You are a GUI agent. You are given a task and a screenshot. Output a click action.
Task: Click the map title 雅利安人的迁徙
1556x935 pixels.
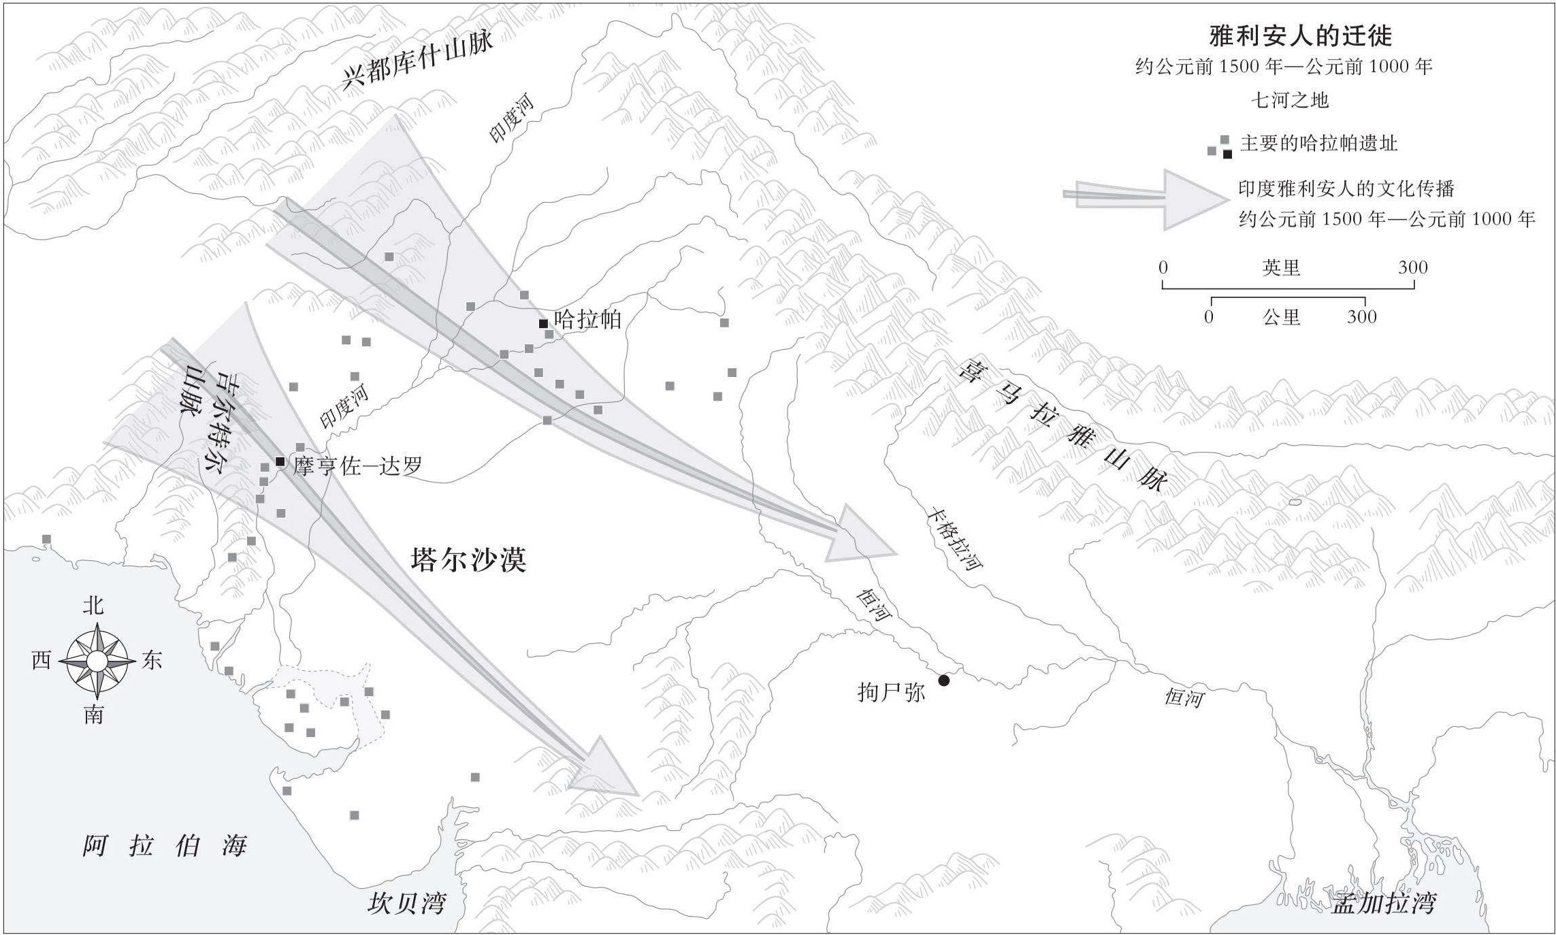pos(1300,35)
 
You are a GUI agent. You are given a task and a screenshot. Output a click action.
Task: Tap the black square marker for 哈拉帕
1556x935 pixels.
pos(543,324)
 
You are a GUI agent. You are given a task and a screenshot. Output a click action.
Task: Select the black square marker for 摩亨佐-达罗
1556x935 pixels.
pos(280,462)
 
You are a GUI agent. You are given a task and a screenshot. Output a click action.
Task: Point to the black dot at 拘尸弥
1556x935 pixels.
pos(943,680)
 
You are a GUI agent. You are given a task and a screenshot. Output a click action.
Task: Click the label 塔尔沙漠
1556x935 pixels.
pos(468,559)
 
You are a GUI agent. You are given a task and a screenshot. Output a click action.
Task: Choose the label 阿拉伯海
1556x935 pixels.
pos(164,846)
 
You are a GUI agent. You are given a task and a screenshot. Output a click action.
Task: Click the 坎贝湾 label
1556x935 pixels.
pos(406,903)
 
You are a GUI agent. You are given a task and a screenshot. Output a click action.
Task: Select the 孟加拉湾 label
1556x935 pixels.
pos(1383,903)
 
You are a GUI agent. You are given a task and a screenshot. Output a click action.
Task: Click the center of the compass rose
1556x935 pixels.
pos(97,661)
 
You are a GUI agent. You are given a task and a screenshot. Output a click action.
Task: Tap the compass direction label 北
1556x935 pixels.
pos(93,605)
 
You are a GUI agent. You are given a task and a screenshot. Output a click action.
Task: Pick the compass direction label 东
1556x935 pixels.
pos(151,660)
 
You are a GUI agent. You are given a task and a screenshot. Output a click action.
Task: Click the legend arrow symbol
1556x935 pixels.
pos(1150,199)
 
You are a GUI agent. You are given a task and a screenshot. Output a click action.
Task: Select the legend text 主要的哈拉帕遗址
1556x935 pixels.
pos(1318,144)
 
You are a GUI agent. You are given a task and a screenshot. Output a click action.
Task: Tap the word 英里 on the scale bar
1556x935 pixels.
pos(1281,267)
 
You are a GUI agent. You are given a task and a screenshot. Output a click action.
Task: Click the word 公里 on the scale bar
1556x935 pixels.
pos(1281,316)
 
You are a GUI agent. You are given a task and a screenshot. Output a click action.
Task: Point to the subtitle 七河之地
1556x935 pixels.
pos(1289,101)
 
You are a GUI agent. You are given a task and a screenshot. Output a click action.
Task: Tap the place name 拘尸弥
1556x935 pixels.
pos(891,692)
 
